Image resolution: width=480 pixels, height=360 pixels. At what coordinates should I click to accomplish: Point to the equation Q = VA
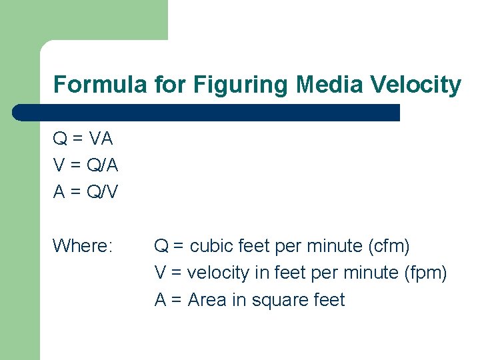[x=83, y=139]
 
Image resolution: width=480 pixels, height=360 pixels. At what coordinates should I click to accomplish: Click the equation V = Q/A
[x=85, y=165]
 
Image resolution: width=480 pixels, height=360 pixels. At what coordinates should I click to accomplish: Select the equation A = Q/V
[x=85, y=192]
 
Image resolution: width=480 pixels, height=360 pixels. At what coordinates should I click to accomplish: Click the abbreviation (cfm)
[x=389, y=246]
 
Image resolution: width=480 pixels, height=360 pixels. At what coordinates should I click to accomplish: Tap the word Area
[x=207, y=300]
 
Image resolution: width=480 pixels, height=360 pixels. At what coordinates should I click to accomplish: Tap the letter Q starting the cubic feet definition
[x=161, y=246]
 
